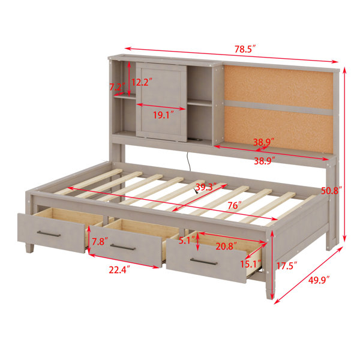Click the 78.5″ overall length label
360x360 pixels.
245,49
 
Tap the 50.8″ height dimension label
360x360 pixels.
331,191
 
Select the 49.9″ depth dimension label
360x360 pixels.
319,280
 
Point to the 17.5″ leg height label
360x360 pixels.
287,266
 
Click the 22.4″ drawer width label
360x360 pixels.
119,270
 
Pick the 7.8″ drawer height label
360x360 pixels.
100,242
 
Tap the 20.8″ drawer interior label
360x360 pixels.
226,247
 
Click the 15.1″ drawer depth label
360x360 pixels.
251,264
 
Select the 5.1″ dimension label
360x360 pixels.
187,241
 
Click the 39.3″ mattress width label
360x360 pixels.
206,187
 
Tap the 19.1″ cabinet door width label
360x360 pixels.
163,115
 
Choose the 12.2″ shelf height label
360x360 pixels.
142,82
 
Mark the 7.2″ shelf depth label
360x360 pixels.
117,87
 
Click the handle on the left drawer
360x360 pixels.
49,234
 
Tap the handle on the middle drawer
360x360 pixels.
123,247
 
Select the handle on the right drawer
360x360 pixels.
203,262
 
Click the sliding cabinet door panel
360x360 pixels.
161,102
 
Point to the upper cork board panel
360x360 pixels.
278,87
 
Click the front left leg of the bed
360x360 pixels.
29,248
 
